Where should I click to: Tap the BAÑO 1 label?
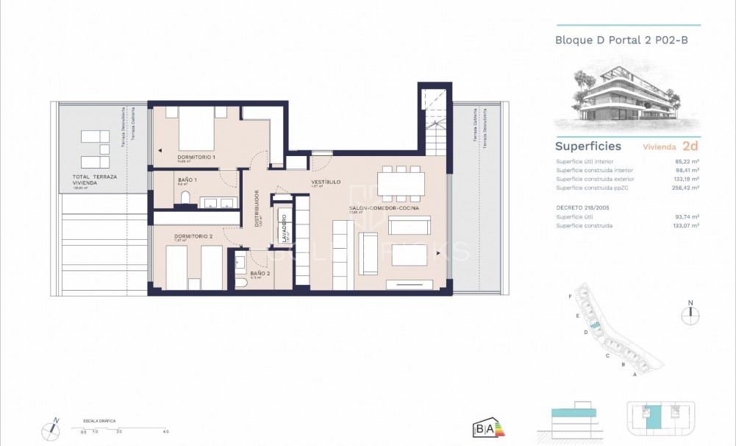click(x=187, y=179)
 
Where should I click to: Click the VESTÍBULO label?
click(x=324, y=181)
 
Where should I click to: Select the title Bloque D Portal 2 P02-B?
click(x=621, y=40)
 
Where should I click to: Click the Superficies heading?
click(x=587, y=146)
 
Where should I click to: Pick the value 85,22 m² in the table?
click(x=685, y=161)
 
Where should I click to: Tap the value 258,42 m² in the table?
click(x=685, y=188)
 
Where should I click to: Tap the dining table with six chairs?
click(x=400, y=183)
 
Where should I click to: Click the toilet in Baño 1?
click(x=185, y=197)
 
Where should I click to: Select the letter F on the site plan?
click(x=571, y=296)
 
